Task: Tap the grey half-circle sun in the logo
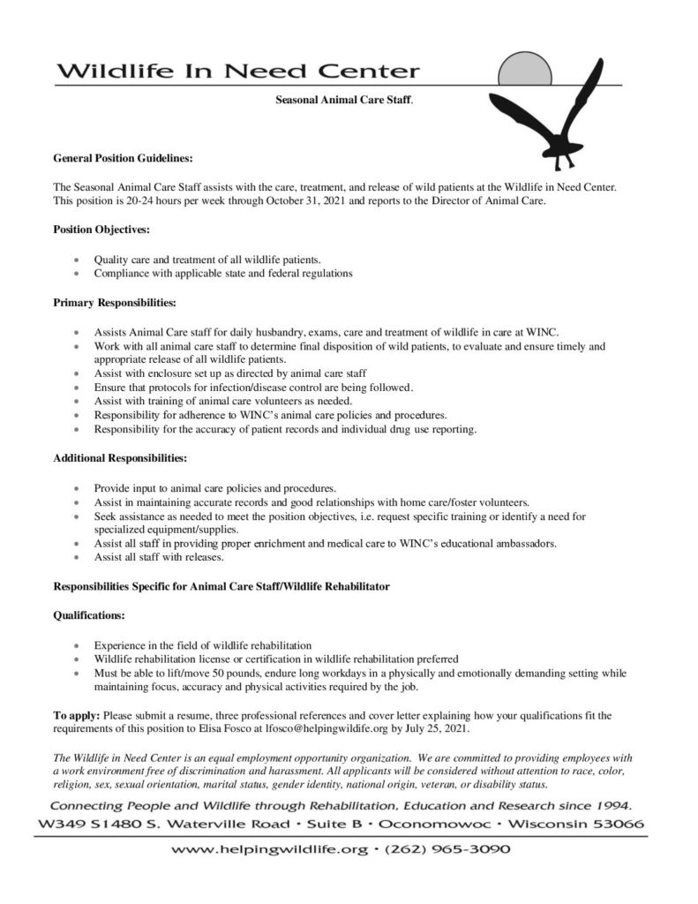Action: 526,70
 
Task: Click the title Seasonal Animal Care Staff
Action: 344,102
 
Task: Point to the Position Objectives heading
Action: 101,230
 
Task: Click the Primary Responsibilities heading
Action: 115,303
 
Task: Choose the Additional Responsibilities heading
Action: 120,458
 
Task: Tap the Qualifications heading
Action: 89,614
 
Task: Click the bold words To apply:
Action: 77,715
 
